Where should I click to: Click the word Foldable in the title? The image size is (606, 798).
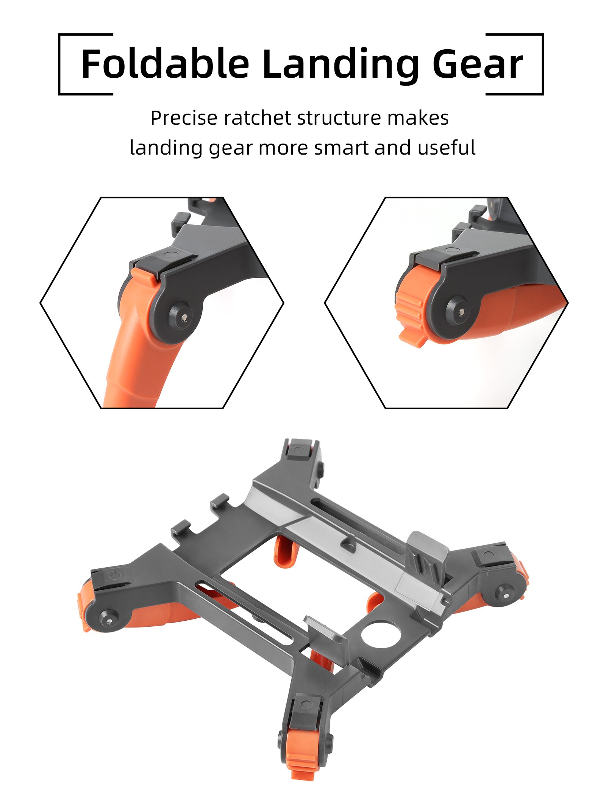click(x=165, y=64)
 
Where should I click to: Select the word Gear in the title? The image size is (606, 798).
click(x=477, y=64)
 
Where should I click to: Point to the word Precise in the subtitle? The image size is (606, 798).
click(x=184, y=118)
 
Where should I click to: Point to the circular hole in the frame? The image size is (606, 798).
click(x=380, y=633)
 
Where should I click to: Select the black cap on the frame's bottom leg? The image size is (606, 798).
click(x=305, y=709)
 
